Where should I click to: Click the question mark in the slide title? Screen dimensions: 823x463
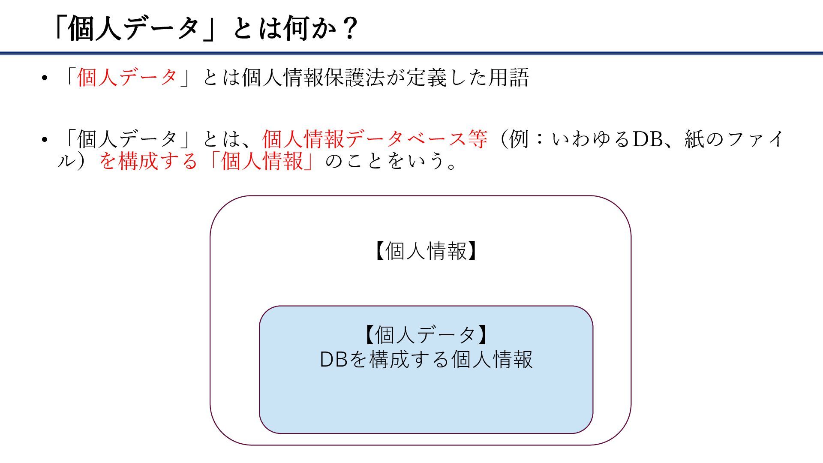click(x=350, y=29)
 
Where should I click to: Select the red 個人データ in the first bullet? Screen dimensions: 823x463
click(x=127, y=78)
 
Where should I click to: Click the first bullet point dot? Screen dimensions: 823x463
click(x=44, y=79)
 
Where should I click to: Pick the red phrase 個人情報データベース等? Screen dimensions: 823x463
click(x=375, y=139)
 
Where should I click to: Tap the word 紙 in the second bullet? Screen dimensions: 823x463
click(x=694, y=139)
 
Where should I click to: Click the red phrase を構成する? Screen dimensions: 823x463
click(x=148, y=161)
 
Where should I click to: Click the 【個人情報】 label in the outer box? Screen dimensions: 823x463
click(x=426, y=251)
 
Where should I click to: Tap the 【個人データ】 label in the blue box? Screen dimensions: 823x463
click(x=426, y=335)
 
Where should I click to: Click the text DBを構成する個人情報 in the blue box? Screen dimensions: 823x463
click(x=426, y=359)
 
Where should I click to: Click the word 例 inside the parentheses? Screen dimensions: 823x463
click(x=519, y=139)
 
